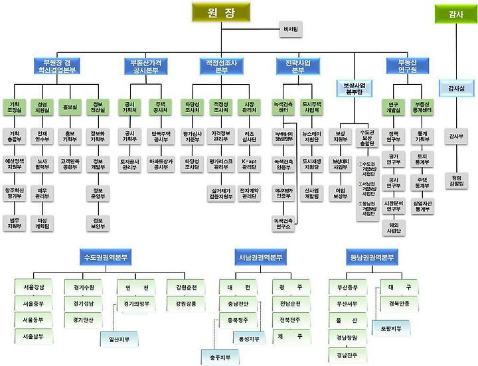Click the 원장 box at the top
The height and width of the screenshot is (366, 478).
coord(221,13)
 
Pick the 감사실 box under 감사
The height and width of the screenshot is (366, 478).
coord(455,88)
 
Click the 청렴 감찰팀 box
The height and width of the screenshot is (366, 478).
coord(455,181)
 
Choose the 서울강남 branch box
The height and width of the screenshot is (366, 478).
coord(33,287)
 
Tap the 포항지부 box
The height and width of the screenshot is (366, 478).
coord(391,328)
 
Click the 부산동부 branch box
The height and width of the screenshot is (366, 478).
coord(347,287)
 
